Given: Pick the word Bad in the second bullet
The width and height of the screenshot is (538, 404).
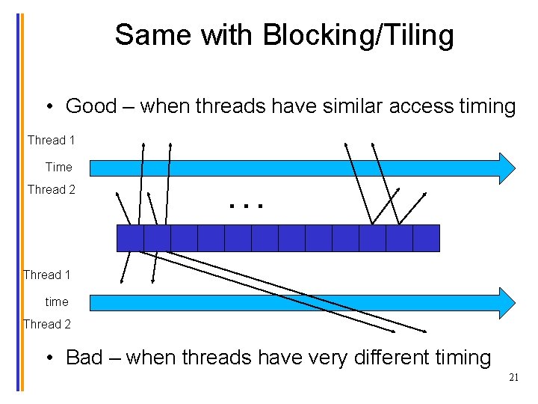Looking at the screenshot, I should (84, 357).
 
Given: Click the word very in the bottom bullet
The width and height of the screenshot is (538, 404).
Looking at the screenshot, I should (282, 357).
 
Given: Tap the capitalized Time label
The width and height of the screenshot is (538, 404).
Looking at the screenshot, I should (58, 167).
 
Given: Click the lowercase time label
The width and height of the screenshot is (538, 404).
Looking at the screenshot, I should (57, 302).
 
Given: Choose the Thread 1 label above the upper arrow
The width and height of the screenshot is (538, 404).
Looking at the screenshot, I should (51, 140).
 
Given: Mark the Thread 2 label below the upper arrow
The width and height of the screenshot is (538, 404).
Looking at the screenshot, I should (51, 189).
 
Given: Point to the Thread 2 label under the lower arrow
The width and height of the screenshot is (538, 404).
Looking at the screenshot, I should (47, 324).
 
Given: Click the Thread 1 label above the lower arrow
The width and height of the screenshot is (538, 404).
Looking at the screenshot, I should (47, 275).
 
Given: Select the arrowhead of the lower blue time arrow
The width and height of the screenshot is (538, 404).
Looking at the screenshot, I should (507, 302).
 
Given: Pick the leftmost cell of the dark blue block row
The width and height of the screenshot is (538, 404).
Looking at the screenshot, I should (131, 238).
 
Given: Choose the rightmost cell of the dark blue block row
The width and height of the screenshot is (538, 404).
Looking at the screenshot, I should (426, 238).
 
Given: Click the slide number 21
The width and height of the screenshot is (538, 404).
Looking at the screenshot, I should (513, 378).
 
